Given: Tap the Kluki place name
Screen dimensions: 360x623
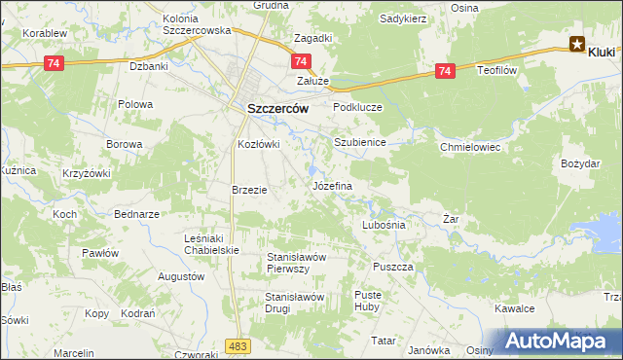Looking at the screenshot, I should pos(605,45).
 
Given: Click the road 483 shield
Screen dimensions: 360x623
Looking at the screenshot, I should pos(236,345).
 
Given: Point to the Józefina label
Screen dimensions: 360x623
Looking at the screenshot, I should pos(331,184).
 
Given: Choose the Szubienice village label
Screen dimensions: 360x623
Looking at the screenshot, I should pos(360,142).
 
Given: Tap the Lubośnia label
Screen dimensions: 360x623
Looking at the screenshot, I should pos(383,224).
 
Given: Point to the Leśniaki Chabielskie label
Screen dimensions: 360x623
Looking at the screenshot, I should pos(211,244).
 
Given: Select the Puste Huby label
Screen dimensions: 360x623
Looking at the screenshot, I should pos(367,300).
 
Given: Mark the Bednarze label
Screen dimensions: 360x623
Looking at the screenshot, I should pos(136,213).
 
